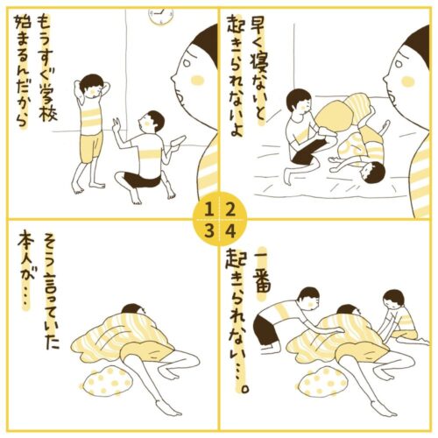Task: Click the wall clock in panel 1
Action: (161, 16)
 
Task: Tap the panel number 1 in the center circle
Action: (208, 210)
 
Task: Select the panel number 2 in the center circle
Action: (230, 210)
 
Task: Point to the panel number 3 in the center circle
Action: (208, 231)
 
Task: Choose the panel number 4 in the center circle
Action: (230, 231)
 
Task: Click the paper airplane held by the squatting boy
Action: (178, 141)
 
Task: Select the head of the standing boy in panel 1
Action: (91, 85)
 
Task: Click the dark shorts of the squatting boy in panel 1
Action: (142, 179)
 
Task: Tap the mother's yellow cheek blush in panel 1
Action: (196, 81)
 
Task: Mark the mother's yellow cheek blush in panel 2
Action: (407, 81)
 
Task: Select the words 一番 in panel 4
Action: (262, 272)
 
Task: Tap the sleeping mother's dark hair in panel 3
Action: (133, 309)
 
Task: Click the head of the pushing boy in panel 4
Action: (309, 299)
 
